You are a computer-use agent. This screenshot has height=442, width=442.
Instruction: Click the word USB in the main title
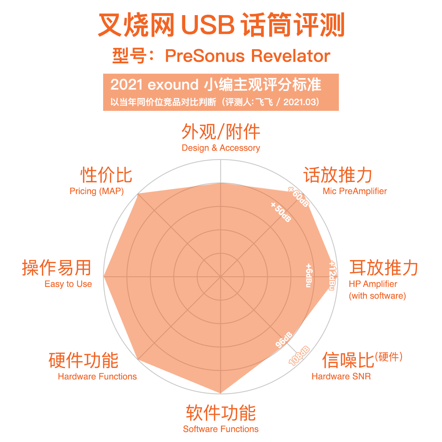click(208, 25)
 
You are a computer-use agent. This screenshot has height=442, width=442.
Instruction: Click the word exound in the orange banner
click(173, 85)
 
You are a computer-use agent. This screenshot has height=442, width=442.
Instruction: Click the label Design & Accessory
click(221, 148)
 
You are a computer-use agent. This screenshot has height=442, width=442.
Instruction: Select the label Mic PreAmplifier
click(355, 191)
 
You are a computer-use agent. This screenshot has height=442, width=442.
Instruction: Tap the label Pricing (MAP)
click(97, 191)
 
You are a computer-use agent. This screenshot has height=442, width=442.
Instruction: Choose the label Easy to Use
click(68, 284)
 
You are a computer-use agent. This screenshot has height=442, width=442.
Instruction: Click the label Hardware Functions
click(97, 376)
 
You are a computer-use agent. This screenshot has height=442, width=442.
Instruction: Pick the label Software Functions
click(221, 429)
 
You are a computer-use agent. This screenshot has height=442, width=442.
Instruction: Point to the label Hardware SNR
click(341, 376)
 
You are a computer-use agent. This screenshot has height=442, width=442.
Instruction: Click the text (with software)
click(377, 296)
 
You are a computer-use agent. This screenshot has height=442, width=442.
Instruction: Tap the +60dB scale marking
click(299, 197)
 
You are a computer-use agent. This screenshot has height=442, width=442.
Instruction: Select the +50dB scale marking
click(281, 212)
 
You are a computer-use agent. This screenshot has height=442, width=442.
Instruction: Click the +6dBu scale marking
click(309, 275)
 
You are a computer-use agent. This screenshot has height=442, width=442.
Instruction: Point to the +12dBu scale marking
click(332, 275)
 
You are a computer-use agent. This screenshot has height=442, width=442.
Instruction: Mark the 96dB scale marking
click(284, 340)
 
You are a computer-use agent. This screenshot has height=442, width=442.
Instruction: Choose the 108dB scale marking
click(299, 355)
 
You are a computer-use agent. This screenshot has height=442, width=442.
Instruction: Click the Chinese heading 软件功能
click(221, 413)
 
